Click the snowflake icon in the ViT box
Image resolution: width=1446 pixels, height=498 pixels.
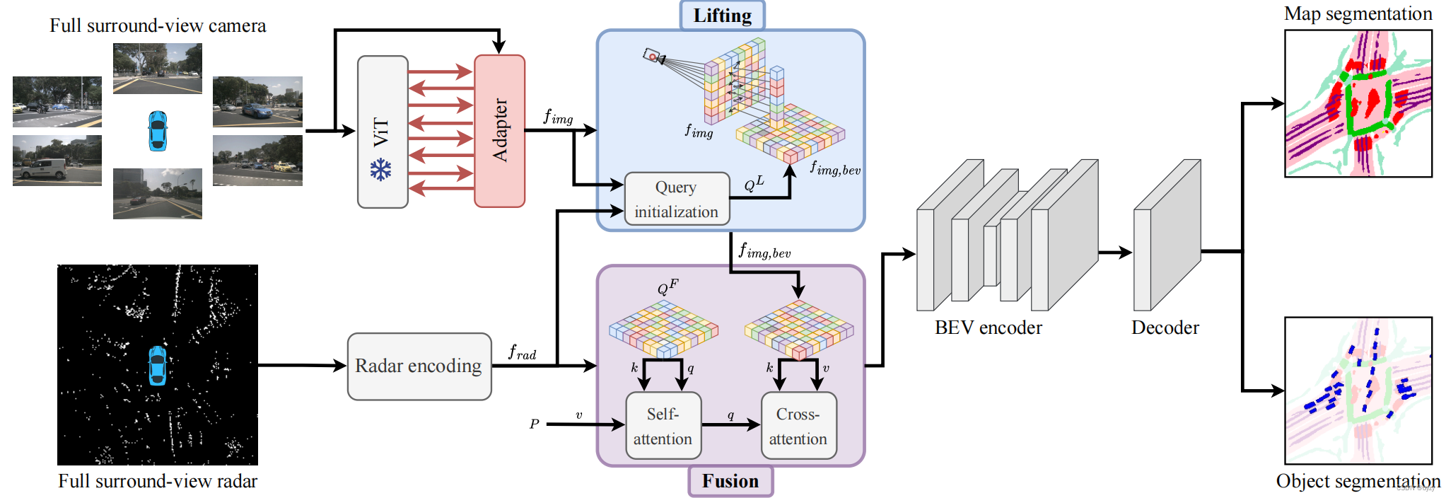click(x=380, y=170)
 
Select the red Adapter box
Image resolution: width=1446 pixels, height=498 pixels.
click(x=499, y=131)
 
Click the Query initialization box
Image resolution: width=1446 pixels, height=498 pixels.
click(x=677, y=199)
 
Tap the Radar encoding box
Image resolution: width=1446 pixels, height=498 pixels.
click(x=419, y=366)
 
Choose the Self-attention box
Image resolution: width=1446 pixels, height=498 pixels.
click(x=663, y=426)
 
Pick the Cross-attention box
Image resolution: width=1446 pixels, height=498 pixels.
click(x=798, y=426)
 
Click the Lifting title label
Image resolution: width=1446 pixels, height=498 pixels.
click(x=722, y=16)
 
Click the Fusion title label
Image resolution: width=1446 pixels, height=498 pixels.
click(x=730, y=481)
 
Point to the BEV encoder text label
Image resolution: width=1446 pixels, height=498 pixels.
click(x=987, y=328)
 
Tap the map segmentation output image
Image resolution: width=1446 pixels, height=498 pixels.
click(x=1358, y=103)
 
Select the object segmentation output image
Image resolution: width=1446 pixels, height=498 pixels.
click(x=1358, y=390)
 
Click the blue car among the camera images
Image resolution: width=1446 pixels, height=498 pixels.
click(x=158, y=131)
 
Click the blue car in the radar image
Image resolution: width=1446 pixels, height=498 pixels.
click(x=157, y=366)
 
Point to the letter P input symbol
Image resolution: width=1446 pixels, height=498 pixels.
click(x=534, y=424)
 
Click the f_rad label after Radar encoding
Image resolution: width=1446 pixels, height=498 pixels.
click(x=522, y=352)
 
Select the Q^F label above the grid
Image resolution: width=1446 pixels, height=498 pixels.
click(x=667, y=287)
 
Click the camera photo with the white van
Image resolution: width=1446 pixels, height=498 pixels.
click(x=57, y=161)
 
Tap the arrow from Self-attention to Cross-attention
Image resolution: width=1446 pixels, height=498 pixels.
click(x=730, y=424)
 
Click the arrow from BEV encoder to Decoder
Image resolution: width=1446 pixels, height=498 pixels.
click(x=1115, y=252)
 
